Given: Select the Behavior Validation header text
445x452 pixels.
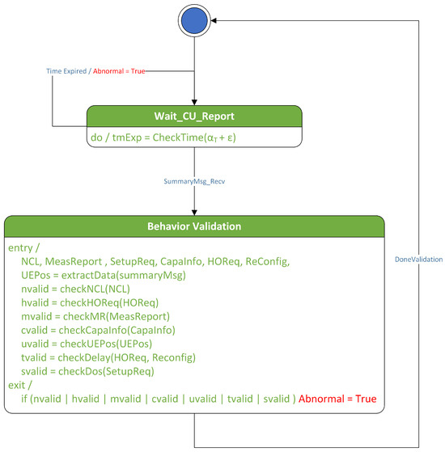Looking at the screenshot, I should [x=194, y=226].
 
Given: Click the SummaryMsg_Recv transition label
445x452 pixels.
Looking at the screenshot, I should [x=194, y=183].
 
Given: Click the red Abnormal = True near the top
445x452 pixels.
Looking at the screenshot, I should [x=119, y=72].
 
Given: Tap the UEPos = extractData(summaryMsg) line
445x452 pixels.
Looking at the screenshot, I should [x=104, y=275].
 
